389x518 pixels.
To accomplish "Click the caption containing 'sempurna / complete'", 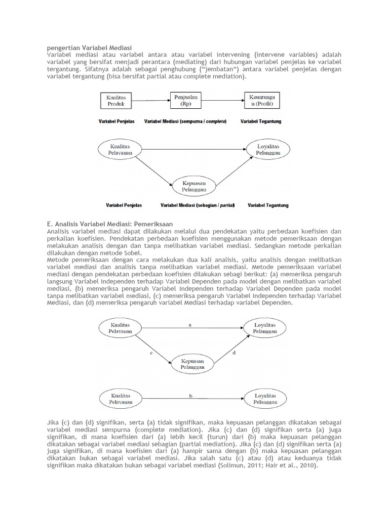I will [x=185, y=122].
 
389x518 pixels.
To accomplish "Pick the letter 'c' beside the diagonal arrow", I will [x=151, y=354].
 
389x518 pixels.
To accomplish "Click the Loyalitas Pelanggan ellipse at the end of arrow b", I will [x=266, y=399].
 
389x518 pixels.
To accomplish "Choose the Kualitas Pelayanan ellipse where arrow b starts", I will [x=120, y=399].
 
